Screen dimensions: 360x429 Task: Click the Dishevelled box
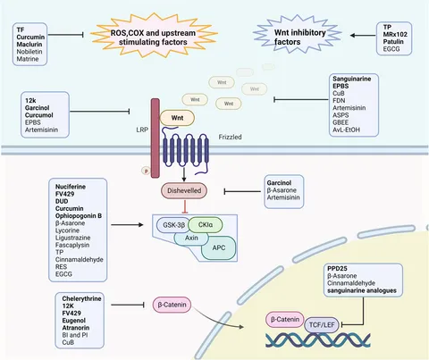(185, 190)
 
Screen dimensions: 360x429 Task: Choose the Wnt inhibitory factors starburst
(273, 35)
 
